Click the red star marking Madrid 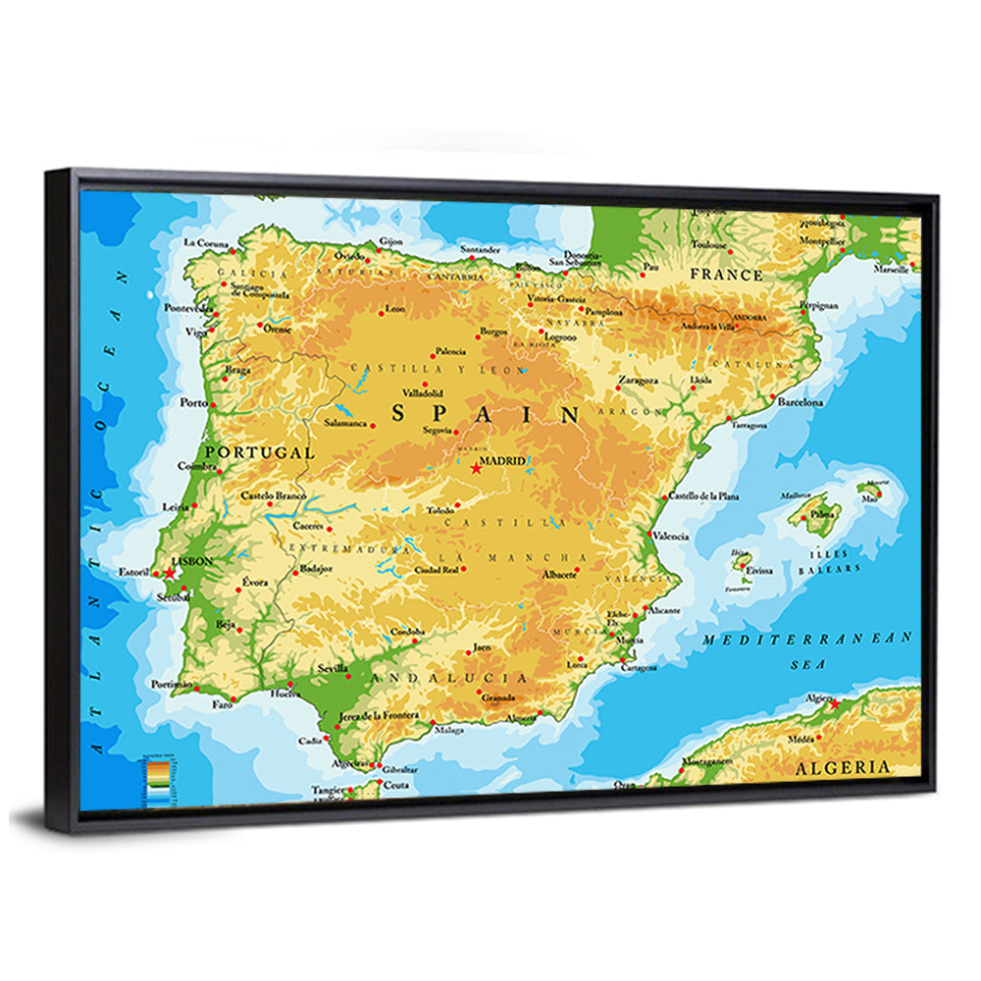(x=477, y=469)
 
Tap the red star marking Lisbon (x=170, y=572)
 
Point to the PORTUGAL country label (x=259, y=453)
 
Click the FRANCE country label (x=726, y=275)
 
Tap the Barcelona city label (x=800, y=402)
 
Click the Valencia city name (x=671, y=537)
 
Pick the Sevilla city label (x=333, y=669)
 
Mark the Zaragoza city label (x=638, y=379)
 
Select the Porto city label (x=193, y=402)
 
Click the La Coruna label (x=206, y=242)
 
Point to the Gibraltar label (x=399, y=770)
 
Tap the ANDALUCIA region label (x=460, y=678)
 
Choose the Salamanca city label (x=346, y=424)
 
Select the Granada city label (x=498, y=698)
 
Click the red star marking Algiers (x=834, y=704)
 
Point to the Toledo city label (x=441, y=510)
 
